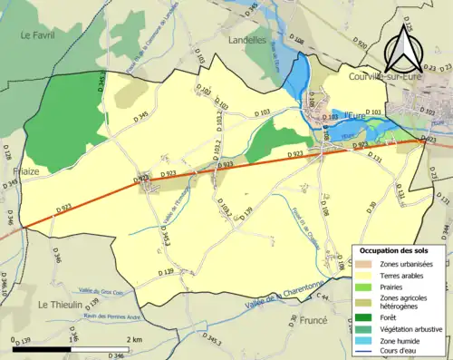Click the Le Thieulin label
(x=61, y=306)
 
